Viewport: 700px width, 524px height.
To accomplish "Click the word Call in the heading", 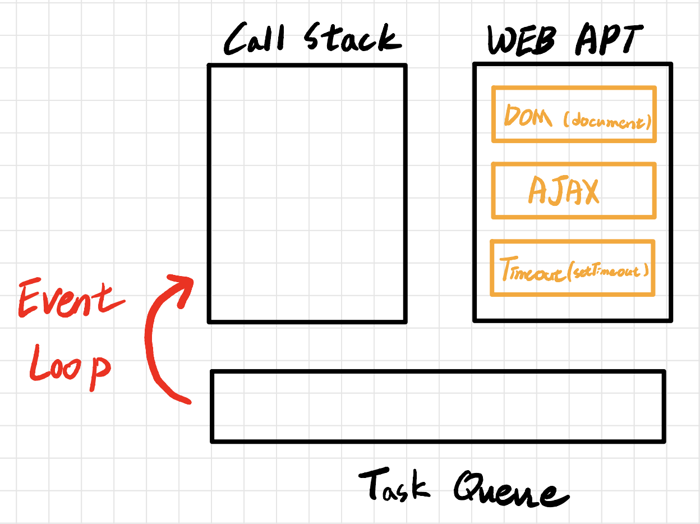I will [x=255, y=40].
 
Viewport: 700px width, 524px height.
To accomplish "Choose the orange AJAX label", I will [x=563, y=191].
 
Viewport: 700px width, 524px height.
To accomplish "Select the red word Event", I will [x=70, y=300].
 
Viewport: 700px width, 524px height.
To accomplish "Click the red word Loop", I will [x=68, y=367].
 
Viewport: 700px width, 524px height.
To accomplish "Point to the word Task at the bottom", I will [x=394, y=485].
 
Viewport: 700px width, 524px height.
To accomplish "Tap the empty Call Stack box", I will [x=307, y=194].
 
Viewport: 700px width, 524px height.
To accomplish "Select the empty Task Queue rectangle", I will [x=437, y=406].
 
